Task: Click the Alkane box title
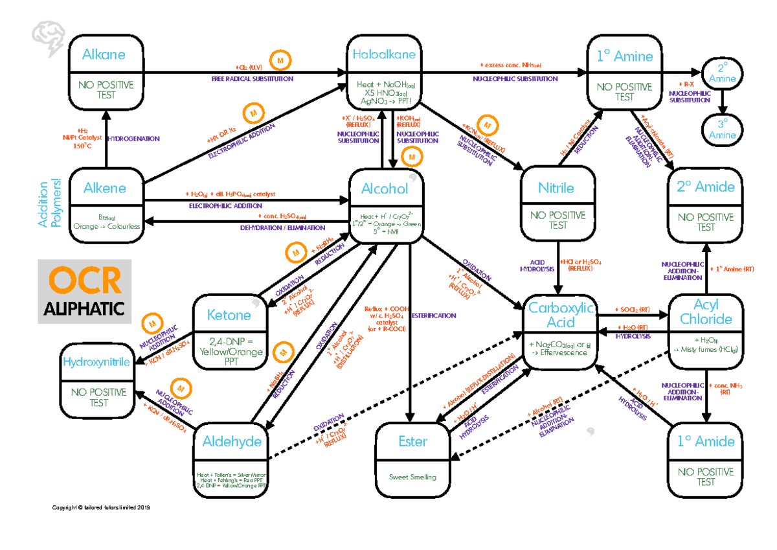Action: pos(104,55)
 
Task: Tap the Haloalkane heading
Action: pos(385,55)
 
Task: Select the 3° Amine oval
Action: pos(722,129)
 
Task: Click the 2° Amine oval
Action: pos(722,73)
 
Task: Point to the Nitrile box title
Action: pos(556,189)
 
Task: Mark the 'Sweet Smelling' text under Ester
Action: pos(412,477)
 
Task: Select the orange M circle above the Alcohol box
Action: pos(411,157)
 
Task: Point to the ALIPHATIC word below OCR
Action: pos(84,310)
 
